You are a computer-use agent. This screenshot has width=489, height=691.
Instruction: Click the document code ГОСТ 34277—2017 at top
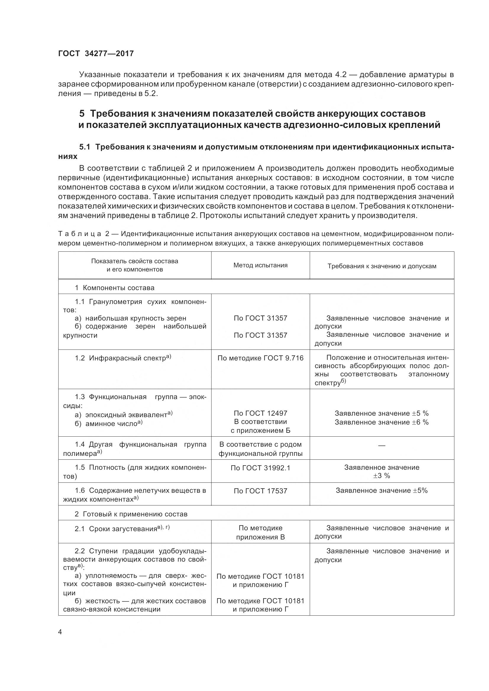coord(96,53)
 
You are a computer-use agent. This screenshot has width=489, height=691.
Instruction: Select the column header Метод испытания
coord(260,265)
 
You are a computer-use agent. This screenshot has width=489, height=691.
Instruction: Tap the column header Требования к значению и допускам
coord(382,266)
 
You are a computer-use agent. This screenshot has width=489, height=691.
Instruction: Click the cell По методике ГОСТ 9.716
coord(260,358)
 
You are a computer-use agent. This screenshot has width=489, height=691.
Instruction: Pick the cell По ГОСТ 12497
coord(260,413)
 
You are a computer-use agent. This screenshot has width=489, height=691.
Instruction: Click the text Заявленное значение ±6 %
coord(381,422)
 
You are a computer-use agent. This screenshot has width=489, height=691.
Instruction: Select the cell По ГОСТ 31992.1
coord(260,468)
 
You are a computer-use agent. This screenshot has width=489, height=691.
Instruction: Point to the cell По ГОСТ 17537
coord(260,491)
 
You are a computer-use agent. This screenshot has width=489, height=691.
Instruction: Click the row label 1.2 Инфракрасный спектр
coord(123,358)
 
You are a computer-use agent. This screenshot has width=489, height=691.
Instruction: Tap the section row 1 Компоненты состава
coord(114,287)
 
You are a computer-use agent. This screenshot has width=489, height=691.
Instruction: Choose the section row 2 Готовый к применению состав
coord(131,514)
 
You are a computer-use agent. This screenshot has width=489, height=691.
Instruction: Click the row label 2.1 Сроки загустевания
coord(122,529)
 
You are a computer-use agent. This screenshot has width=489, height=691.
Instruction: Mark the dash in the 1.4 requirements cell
coord(381,446)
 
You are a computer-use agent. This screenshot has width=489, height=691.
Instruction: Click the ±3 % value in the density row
coord(381,476)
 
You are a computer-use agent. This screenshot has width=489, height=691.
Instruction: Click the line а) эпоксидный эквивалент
coord(124,414)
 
